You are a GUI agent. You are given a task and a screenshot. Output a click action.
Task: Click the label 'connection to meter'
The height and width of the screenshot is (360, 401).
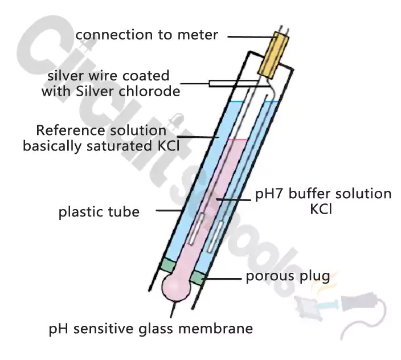(x=146, y=35)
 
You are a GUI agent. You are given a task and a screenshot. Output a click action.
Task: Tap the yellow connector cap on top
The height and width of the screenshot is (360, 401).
(x=275, y=54)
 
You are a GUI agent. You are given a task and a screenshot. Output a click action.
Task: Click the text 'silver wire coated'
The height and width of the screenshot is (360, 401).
(x=108, y=76)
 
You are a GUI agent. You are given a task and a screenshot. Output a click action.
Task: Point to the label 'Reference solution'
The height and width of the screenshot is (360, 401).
(x=101, y=130)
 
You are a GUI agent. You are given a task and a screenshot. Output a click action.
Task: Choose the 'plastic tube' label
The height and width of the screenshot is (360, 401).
(x=99, y=213)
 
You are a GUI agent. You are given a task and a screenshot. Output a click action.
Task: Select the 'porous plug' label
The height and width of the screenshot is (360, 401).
(x=288, y=277)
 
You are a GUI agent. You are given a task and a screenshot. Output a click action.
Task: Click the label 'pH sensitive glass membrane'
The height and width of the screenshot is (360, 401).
(x=150, y=329)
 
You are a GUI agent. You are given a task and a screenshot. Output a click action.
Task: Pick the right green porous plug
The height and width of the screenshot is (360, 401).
(x=197, y=277)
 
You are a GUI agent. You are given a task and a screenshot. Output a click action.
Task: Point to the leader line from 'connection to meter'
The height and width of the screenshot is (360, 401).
(x=247, y=36)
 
